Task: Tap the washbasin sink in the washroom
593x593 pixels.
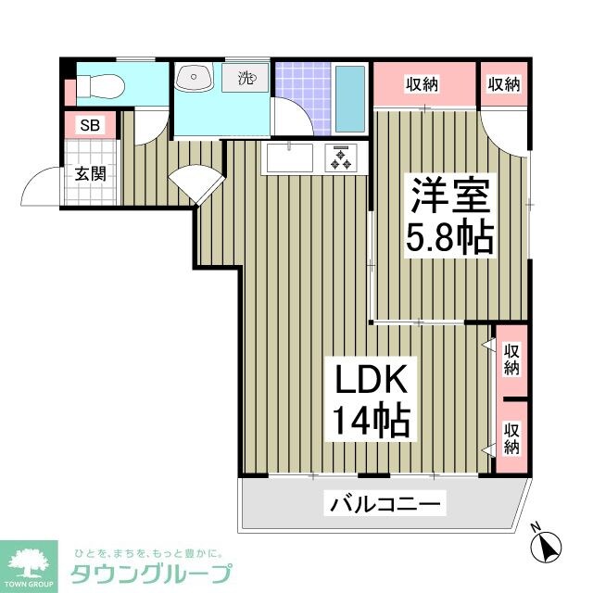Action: [x=194, y=77]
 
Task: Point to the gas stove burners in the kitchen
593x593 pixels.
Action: [x=340, y=159]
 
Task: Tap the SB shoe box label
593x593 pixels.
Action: [x=89, y=125]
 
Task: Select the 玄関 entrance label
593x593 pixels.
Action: [x=91, y=173]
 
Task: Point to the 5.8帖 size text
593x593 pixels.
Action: [x=449, y=240]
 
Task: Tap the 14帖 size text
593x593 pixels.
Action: [x=371, y=423]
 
